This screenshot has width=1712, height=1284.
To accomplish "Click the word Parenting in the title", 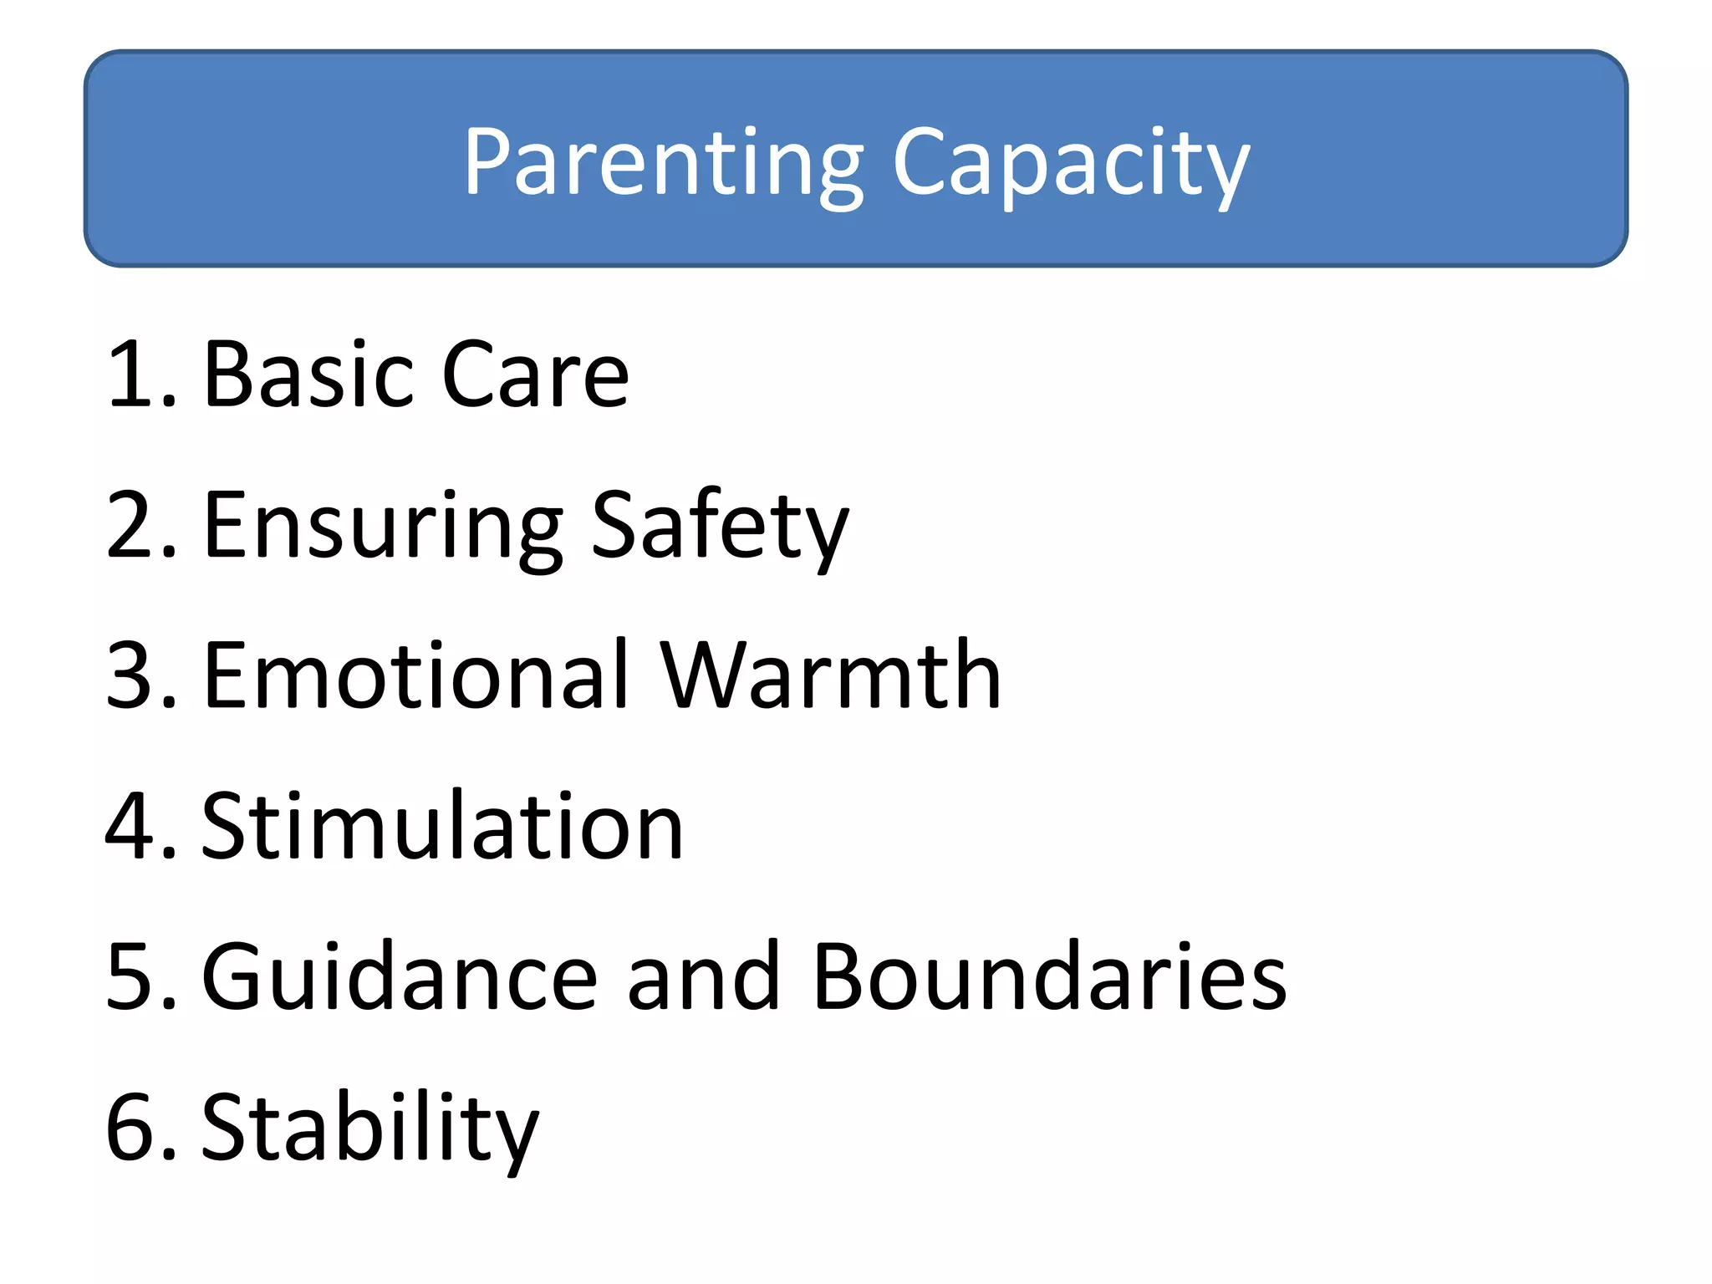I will click(x=664, y=164).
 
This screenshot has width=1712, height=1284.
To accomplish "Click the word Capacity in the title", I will click(x=1071, y=164).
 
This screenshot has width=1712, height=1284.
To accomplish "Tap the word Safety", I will click(x=720, y=527).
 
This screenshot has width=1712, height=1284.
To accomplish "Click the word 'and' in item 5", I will click(x=703, y=976).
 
